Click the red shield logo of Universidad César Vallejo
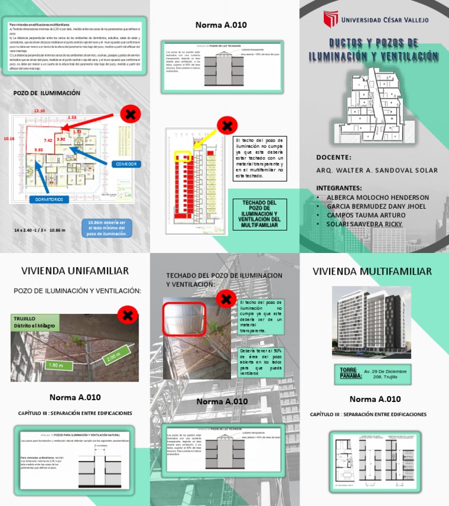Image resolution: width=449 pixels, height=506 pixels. coord(331,20)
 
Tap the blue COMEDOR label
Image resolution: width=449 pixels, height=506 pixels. coord(126,164)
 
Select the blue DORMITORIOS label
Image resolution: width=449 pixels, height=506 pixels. coord(49,199)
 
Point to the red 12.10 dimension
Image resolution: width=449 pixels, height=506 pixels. coord(39,110)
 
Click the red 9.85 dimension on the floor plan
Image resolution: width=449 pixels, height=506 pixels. coord(39,150)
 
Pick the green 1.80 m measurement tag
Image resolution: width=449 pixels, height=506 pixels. coord(56,365)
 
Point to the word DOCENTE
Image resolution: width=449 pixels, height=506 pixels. coord(334,157)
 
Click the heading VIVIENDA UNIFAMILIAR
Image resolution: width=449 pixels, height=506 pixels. coord(75,271)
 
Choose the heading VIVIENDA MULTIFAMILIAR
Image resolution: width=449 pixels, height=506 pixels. coord(372,271)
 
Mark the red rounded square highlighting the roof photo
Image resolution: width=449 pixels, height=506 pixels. coord(184,318)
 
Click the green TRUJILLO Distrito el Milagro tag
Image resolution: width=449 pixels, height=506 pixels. coord(37,321)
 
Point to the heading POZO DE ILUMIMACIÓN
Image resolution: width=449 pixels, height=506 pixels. coord(47,93)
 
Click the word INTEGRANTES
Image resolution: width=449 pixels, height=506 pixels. coord(339,188)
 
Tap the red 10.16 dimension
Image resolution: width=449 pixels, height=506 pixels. coord(9,139)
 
